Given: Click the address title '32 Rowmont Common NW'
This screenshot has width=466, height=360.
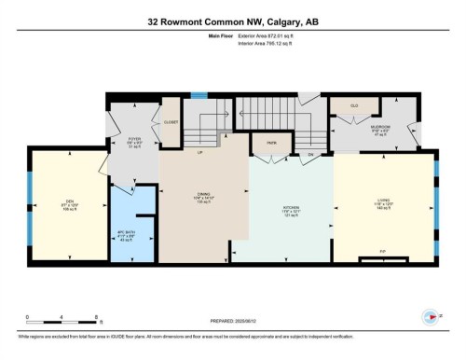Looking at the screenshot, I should coord(201,21).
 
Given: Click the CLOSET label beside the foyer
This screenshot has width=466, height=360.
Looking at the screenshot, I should coord(171,122).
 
